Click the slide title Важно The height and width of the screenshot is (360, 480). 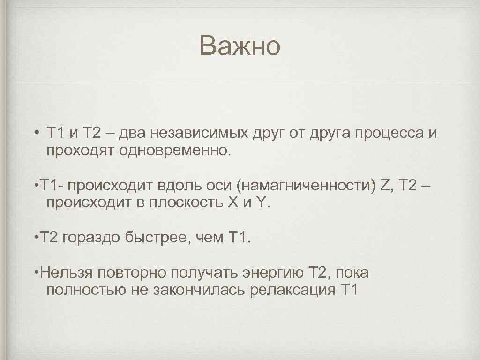[x=240, y=46]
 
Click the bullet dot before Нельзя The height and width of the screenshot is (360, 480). [x=37, y=272]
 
